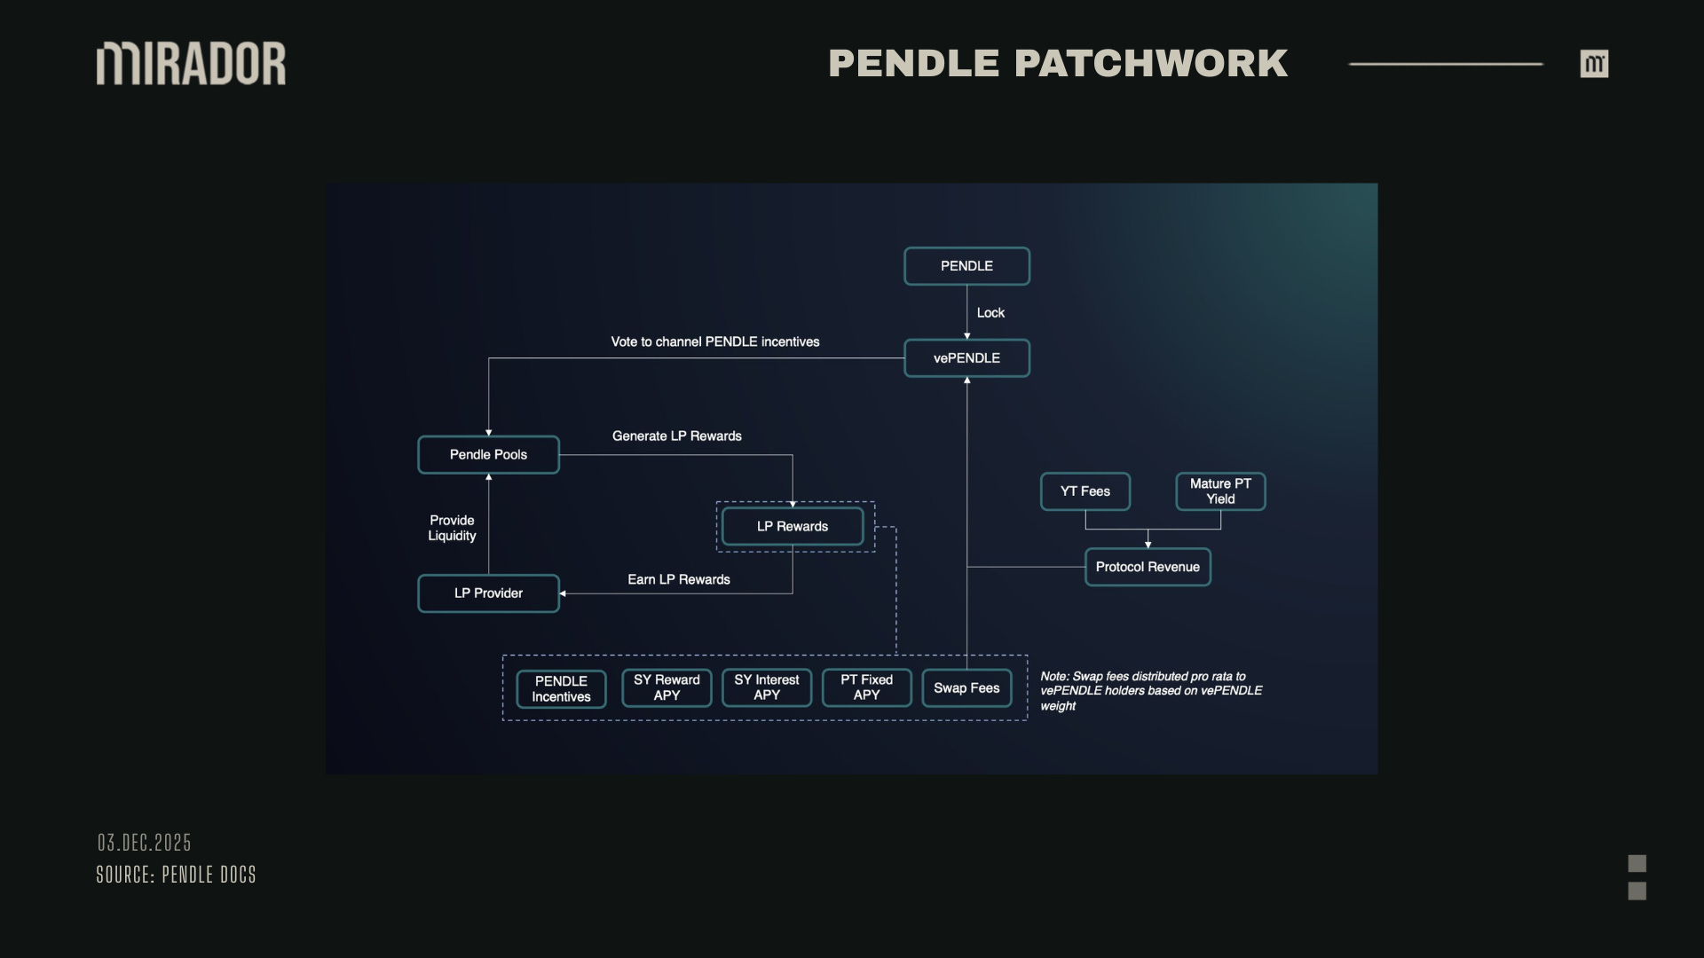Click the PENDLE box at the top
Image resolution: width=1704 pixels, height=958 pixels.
coord(966,266)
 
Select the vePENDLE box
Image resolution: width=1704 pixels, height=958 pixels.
coord(966,358)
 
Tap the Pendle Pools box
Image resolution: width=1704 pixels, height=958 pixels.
coord(488,455)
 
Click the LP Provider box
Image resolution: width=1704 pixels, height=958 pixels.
coord(488,593)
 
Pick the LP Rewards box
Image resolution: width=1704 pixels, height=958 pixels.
coord(793,527)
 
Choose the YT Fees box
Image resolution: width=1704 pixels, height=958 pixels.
coord(1085,491)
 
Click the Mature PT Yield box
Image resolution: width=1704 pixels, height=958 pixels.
coord(1220,491)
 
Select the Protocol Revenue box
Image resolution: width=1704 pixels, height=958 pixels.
coord(1148,567)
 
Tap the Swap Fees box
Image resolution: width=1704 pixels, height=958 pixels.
coord(966,688)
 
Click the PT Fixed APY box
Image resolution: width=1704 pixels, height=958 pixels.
coord(866,687)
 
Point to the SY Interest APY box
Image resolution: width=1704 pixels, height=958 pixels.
coord(767,687)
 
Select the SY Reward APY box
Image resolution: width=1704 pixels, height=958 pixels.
coord(667,687)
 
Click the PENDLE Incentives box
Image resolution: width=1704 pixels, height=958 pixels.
coord(561,689)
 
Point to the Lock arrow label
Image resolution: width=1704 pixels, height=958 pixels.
coord(990,313)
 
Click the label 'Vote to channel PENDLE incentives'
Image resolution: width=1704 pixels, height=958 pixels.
coord(715,342)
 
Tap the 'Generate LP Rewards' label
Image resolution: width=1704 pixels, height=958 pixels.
coord(677,436)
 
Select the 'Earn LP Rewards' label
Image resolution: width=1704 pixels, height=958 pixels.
coord(679,580)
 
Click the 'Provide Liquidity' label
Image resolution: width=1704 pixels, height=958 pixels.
coord(452,528)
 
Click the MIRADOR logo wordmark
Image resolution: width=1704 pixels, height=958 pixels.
coord(191,63)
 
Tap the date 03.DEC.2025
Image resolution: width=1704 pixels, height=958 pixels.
coord(145,843)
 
